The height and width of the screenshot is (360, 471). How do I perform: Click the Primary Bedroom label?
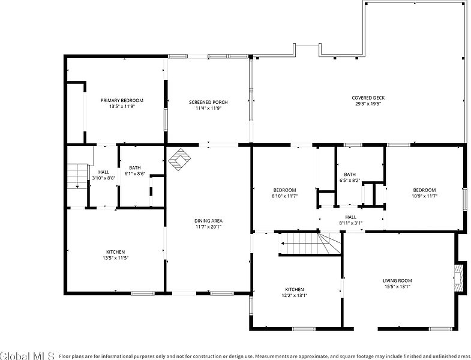click(x=122, y=100)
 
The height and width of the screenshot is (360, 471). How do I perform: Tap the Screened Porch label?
click(x=208, y=102)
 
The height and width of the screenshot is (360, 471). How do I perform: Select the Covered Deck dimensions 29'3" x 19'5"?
click(x=368, y=104)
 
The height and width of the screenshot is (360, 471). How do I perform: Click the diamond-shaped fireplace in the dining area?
click(x=179, y=160)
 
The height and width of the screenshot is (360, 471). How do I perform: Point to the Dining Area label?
click(x=208, y=221)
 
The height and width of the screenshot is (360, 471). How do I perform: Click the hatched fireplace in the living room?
click(x=458, y=278)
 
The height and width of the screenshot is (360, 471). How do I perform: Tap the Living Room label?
click(x=397, y=281)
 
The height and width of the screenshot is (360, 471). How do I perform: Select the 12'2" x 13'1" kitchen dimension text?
click(x=294, y=295)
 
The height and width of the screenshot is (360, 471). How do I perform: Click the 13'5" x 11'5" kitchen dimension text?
click(x=116, y=258)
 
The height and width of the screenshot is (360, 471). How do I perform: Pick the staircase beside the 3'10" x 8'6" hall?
click(x=77, y=176)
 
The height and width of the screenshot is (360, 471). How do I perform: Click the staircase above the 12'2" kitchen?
click(x=310, y=244)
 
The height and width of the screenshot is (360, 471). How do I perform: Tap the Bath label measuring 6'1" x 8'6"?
click(x=135, y=167)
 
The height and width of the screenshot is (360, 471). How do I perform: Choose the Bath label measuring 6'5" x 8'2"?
click(x=350, y=174)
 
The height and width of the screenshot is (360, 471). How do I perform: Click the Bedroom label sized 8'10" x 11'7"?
click(x=284, y=190)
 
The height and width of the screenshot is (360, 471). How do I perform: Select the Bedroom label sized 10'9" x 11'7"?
click(x=424, y=190)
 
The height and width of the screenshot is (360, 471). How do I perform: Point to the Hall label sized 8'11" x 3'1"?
click(x=350, y=217)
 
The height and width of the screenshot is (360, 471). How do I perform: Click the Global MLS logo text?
click(x=28, y=356)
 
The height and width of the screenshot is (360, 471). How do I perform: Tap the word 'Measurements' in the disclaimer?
click(x=272, y=356)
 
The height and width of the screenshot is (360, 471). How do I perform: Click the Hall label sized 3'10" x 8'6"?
click(x=104, y=172)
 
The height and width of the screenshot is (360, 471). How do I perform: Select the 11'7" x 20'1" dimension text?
click(x=208, y=227)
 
